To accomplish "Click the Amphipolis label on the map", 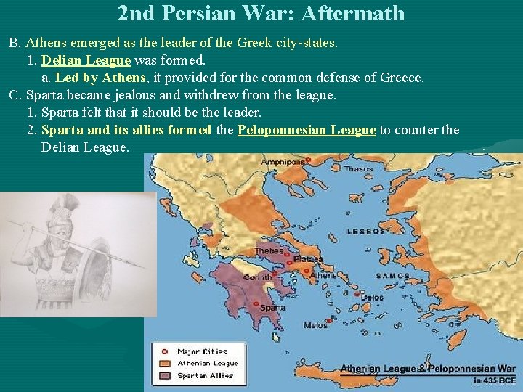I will (x=283, y=161).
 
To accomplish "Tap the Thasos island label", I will (x=358, y=168).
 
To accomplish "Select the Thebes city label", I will (x=268, y=251).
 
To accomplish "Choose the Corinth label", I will (x=257, y=277).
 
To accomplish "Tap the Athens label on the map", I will (x=324, y=276).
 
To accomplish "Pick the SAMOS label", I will (x=392, y=276).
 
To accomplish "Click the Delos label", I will (x=372, y=298).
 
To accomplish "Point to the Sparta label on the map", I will (x=272, y=308).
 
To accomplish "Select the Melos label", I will (x=315, y=325).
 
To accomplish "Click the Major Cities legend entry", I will (x=202, y=352).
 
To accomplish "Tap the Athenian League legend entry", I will (x=208, y=364).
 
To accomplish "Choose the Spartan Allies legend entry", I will (x=206, y=375).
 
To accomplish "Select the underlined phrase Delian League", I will (x=86, y=60).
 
